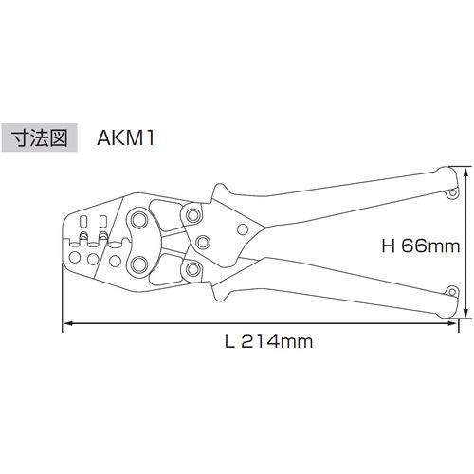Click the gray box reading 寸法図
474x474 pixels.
click(39, 137)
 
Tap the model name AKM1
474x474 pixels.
click(124, 137)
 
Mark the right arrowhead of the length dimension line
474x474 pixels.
click(452, 325)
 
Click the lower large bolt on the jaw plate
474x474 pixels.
click(139, 264)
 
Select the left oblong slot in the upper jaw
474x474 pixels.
click(82, 233)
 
